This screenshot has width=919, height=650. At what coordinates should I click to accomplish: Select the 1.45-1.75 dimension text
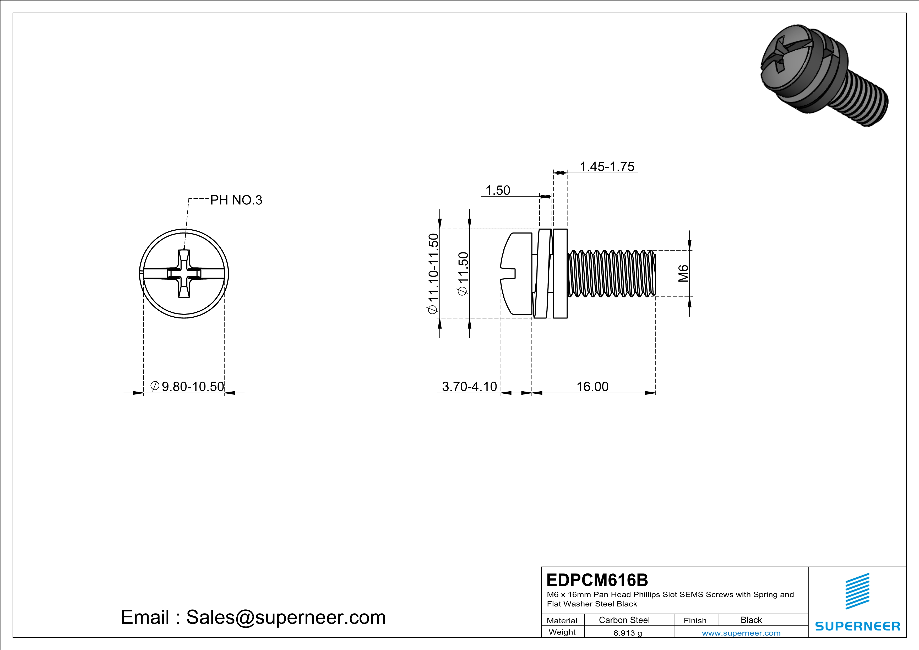tap(607, 166)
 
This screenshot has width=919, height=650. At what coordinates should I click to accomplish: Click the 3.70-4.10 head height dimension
tap(469, 386)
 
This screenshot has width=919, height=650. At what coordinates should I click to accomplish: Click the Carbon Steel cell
tap(624, 620)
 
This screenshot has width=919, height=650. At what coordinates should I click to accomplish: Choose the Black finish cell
tap(751, 620)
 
